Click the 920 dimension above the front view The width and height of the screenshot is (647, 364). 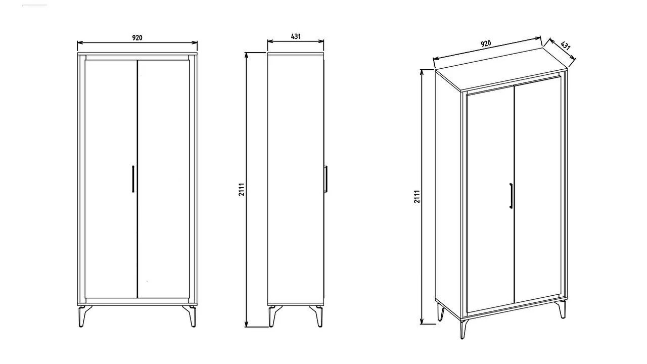pos(137,37)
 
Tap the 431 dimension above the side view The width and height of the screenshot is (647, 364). pos(296,36)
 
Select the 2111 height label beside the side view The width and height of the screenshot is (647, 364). pos(242,189)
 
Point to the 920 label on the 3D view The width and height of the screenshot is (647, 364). pos(486,43)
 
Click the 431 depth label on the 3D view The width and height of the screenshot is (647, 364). pos(565,45)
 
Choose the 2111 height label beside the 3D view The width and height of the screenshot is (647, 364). pos(417,197)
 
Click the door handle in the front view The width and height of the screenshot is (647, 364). pos(133,179)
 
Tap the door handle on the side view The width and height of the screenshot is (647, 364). pos(326,179)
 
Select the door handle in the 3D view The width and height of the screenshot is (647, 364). pos(511,196)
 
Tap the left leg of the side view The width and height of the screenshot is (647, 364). pos(273,316)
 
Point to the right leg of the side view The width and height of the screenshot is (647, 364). pos(317,316)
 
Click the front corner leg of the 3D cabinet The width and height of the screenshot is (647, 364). pos(464,329)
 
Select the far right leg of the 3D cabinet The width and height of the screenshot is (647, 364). pos(563,309)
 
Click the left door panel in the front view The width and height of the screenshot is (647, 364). pos(111,179)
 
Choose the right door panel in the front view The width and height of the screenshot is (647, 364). pos(163,179)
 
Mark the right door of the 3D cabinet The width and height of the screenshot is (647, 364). pos(537,191)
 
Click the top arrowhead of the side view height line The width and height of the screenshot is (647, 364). pos(246,55)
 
